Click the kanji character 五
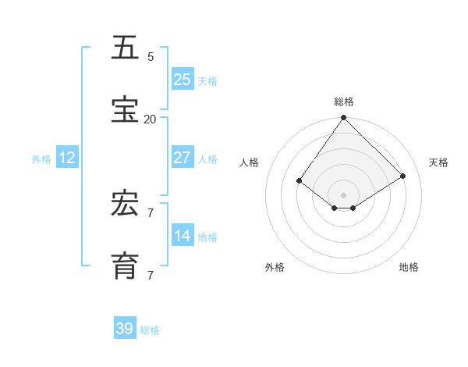click(x=126, y=48)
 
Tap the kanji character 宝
click(x=126, y=110)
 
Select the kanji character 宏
click(x=126, y=204)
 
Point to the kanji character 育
click(x=126, y=266)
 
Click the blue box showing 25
click(x=183, y=79)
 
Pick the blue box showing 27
click(x=183, y=157)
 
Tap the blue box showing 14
click(x=183, y=235)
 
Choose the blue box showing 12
click(x=67, y=158)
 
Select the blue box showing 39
click(x=125, y=329)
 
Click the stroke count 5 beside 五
click(x=151, y=57)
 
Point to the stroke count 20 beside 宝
click(x=150, y=119)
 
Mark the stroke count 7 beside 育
click(x=151, y=276)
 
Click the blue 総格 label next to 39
click(x=150, y=330)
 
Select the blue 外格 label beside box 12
click(x=41, y=159)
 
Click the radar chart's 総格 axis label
click(x=343, y=102)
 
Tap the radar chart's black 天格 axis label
click(x=439, y=162)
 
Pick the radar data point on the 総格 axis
click(x=343, y=118)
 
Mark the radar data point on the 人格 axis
click(x=300, y=180)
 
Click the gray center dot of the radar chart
click(x=343, y=194)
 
